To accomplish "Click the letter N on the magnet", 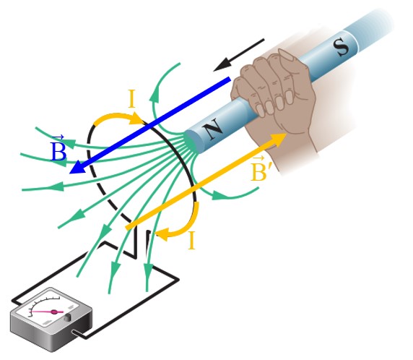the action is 213,129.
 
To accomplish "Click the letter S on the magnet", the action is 342,47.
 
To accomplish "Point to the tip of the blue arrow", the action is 69,173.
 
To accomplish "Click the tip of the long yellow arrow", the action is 287,134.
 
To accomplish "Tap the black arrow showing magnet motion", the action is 239,55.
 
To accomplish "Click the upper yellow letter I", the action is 131,98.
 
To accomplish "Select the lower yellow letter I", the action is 192,240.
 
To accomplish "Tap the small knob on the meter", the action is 67,318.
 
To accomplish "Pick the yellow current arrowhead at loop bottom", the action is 162,234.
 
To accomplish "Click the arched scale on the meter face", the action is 43,304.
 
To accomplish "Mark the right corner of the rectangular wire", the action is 179,279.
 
